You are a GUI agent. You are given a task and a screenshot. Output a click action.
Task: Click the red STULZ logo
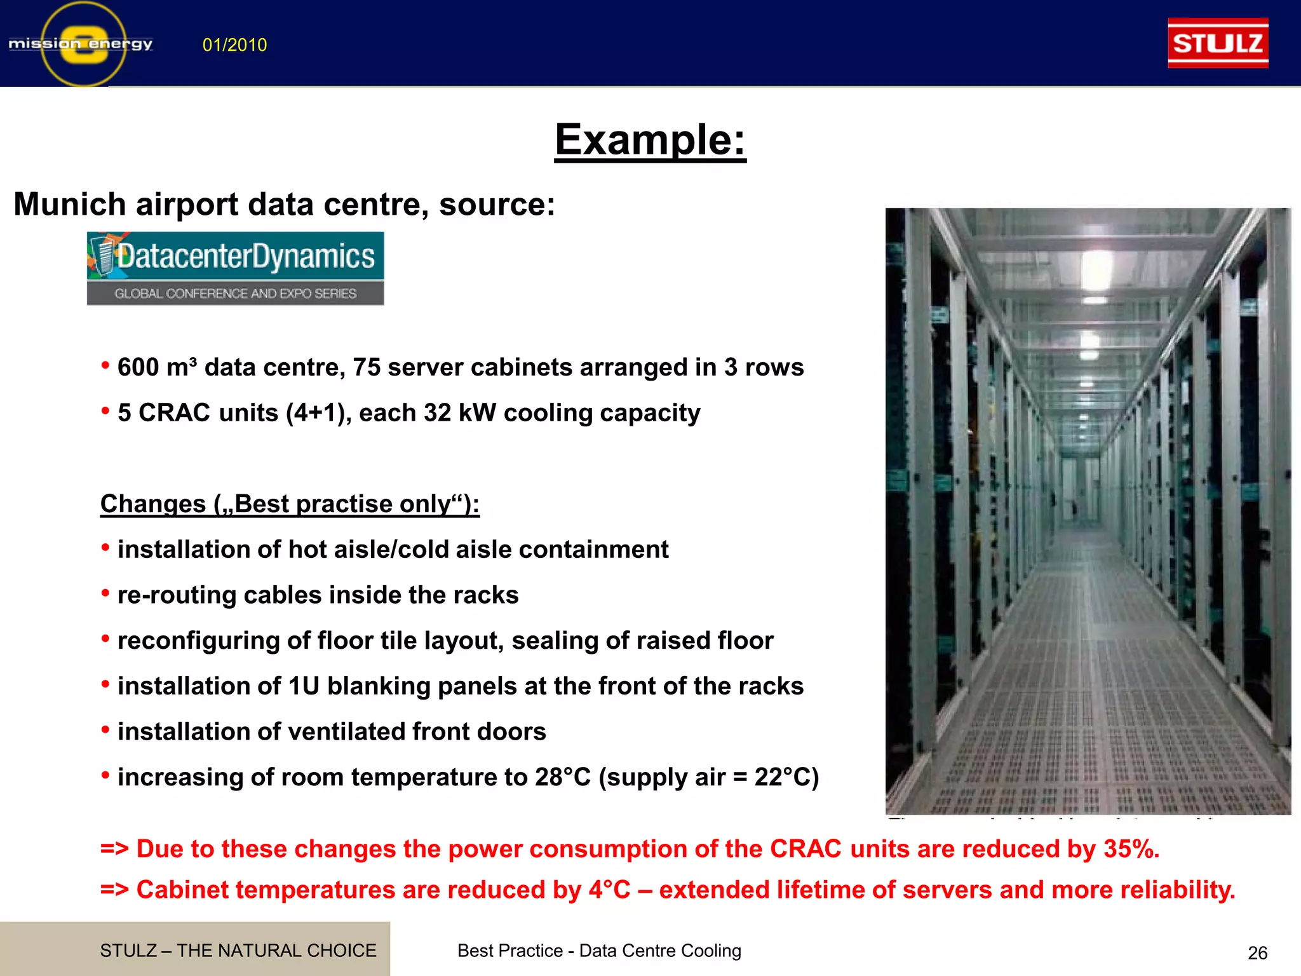(1218, 43)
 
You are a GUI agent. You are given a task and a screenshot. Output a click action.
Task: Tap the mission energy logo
(81, 44)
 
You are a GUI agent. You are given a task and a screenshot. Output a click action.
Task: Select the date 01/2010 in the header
(234, 45)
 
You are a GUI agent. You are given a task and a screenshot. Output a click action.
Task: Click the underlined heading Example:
(650, 140)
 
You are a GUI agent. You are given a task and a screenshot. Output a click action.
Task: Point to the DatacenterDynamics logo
(235, 268)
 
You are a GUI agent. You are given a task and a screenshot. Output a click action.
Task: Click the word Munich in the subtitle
(69, 205)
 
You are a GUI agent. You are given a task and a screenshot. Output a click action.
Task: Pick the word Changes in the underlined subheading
(153, 505)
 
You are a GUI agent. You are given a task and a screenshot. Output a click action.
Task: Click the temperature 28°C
(562, 778)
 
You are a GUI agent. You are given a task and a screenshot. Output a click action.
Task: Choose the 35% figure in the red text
(1131, 850)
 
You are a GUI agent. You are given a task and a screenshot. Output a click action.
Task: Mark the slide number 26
(1257, 953)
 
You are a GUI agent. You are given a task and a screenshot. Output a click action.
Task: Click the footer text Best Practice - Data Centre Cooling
(599, 951)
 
